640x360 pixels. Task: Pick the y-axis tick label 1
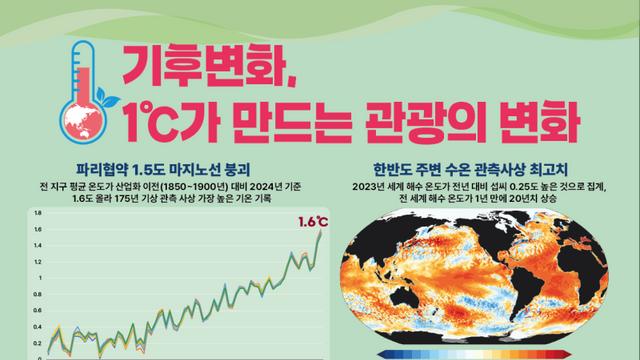point(39,278)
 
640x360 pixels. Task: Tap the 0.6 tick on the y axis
point(37,310)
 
